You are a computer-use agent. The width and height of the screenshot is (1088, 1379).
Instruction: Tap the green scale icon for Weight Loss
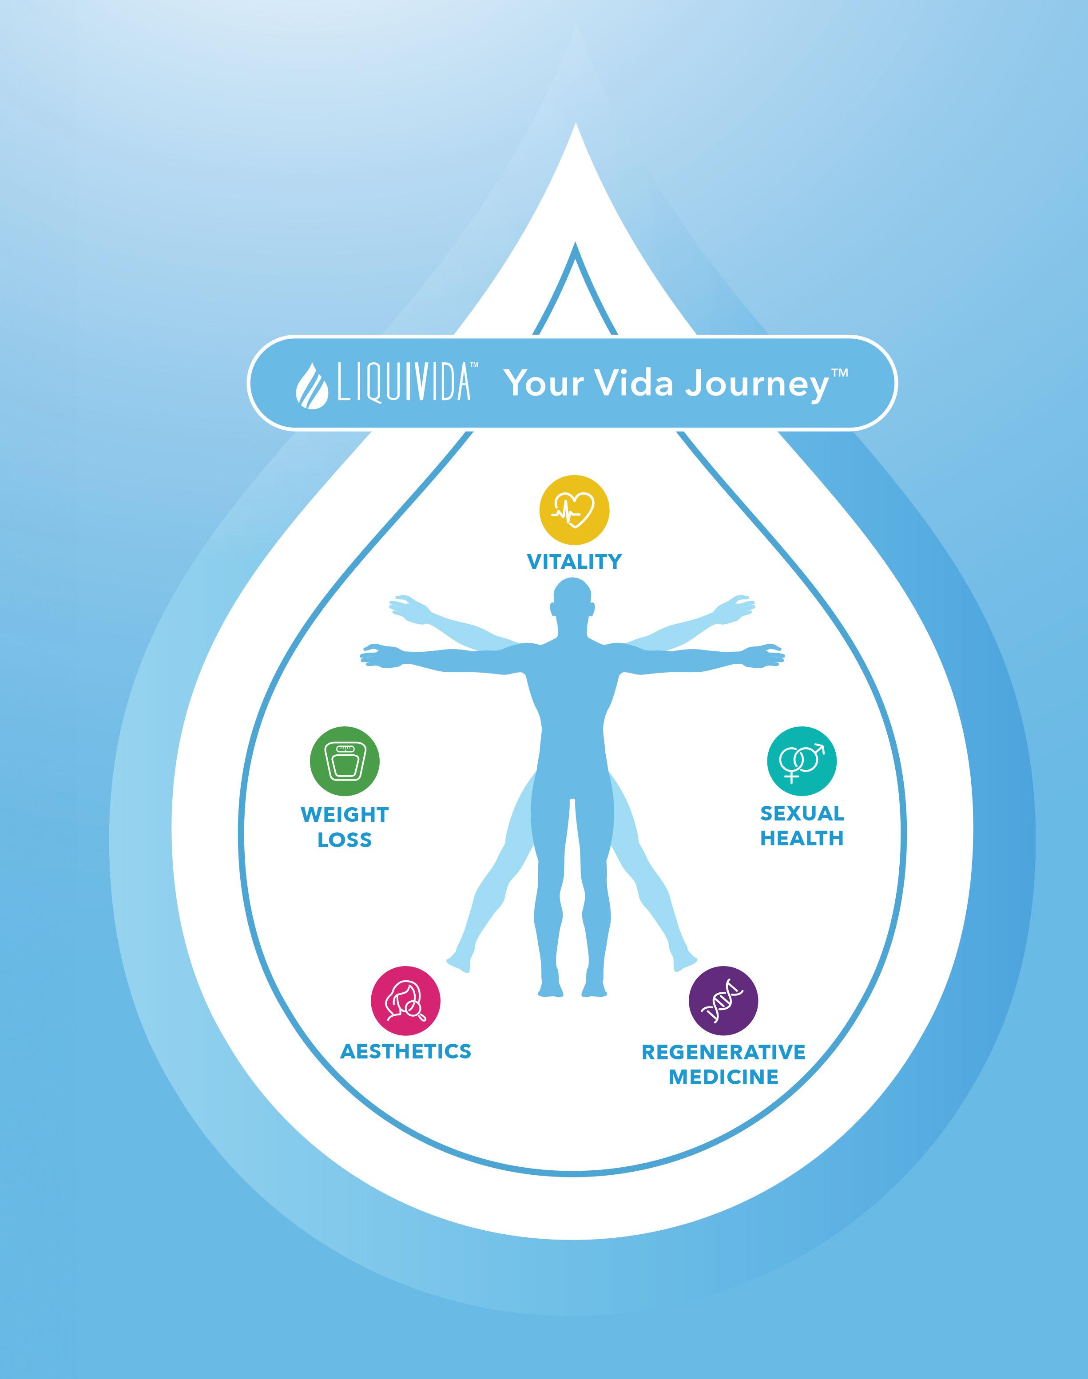[345, 761]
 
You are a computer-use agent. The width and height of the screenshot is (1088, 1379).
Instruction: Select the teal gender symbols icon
[802, 761]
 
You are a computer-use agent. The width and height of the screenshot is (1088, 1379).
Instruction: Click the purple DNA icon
[723, 1001]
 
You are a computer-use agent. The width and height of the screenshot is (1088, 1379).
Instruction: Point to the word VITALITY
[574, 562]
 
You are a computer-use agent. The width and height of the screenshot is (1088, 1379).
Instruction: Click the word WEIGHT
[345, 815]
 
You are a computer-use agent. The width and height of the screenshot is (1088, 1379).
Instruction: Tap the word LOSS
[345, 840]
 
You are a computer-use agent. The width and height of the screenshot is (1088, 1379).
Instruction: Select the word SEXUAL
[802, 813]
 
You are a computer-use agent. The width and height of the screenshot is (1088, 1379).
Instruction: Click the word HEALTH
[802, 839]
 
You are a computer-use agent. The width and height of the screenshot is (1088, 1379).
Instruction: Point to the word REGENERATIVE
[723, 1052]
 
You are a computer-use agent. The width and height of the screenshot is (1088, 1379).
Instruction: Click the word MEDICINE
[723, 1078]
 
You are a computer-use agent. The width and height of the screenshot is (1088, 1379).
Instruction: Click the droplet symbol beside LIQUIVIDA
[312, 385]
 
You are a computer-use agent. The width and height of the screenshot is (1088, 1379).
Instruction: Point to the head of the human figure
[573, 599]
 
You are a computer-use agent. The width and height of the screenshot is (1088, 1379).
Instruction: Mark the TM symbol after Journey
[840, 372]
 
